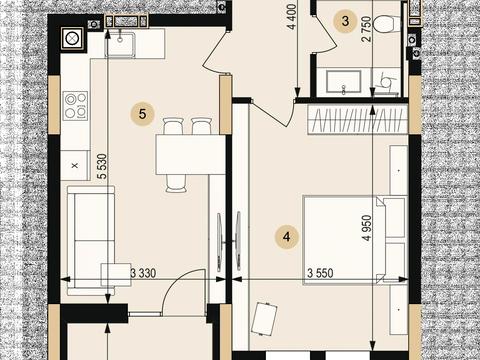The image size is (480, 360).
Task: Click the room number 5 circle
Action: tap(143, 114)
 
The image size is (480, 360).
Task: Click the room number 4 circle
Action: tap(287, 237)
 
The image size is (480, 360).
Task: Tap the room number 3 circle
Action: tap(345, 21)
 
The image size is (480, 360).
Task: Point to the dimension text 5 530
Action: tap(103, 166)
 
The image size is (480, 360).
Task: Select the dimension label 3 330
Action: tap(143, 273)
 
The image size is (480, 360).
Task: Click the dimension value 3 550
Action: tap(320, 273)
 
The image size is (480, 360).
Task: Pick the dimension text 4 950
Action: tap(367, 228)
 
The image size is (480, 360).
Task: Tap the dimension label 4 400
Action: tap(292, 17)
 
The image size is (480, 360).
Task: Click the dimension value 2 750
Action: tap(366, 29)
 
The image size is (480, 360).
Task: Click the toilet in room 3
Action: tap(387, 24)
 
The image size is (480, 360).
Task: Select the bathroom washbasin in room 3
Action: tap(343, 82)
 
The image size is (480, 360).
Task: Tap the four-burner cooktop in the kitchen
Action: tap(75, 106)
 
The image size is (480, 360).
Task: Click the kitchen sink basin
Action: tap(120, 44)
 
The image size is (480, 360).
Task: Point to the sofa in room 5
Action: tap(91, 241)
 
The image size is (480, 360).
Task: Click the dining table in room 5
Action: tap(191, 155)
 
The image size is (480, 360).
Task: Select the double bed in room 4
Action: tap(354, 240)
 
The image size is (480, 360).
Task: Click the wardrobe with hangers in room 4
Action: tap(358, 119)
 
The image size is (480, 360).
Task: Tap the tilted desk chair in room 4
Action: tap(265, 319)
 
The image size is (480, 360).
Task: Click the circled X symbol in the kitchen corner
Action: tap(72, 39)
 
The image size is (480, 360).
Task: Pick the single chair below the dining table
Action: tap(176, 184)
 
